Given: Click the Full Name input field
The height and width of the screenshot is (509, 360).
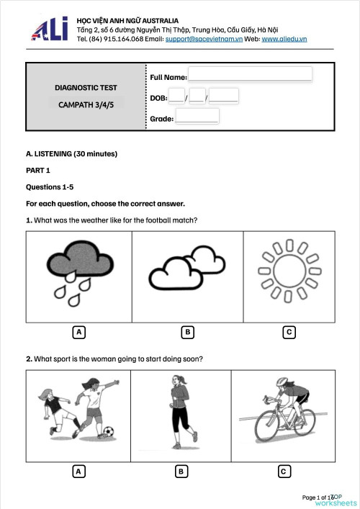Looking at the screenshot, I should [250, 74].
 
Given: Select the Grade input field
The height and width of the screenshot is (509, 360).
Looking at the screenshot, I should [197, 117].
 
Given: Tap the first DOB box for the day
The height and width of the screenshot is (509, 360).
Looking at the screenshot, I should [176, 96].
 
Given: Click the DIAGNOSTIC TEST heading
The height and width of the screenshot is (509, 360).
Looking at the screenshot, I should [86, 88].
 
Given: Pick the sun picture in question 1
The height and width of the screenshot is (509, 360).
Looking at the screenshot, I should [288, 276].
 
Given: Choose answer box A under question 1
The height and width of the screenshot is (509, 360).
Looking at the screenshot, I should [79, 332].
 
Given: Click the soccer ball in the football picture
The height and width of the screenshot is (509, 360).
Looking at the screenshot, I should [107, 432].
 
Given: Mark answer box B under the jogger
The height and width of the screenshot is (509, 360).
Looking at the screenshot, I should [181, 472].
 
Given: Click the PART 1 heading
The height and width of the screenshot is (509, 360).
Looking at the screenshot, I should [38, 171].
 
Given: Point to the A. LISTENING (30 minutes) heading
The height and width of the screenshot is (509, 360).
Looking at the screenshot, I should [71, 154].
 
